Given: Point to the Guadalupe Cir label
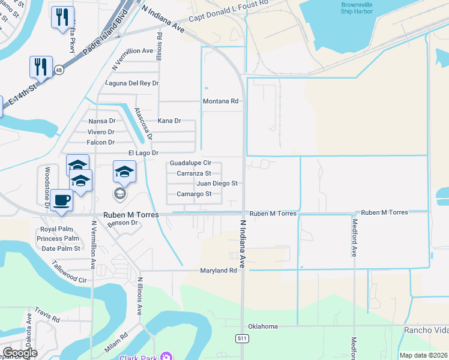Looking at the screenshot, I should (x=190, y=163).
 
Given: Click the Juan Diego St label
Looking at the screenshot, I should (x=217, y=183).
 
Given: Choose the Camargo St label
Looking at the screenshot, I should (x=194, y=194).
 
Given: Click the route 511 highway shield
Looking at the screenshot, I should (x=241, y=339).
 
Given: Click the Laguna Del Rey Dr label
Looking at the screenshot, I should (x=131, y=83).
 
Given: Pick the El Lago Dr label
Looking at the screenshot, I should (x=143, y=153).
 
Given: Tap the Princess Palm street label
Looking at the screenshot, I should (x=58, y=239).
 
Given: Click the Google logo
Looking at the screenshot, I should (x=19, y=353).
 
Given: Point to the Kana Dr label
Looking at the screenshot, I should (x=169, y=121).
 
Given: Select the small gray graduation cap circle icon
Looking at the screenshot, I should (x=120, y=193).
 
